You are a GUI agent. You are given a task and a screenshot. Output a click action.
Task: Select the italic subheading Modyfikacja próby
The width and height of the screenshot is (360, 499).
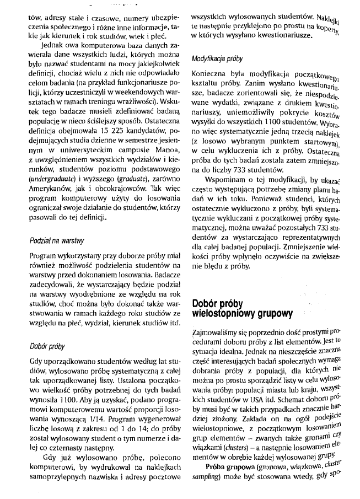(x=217, y=58)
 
